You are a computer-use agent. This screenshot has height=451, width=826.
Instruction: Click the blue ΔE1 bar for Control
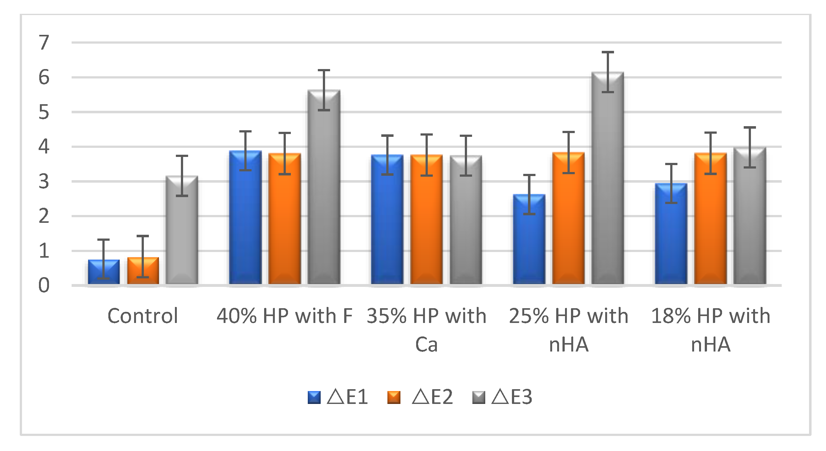click(x=104, y=272)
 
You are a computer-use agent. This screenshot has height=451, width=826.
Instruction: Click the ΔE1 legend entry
click(x=338, y=397)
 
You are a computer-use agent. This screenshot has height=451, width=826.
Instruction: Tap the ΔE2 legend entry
click(x=420, y=397)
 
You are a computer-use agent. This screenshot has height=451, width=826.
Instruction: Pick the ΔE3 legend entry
click(x=502, y=397)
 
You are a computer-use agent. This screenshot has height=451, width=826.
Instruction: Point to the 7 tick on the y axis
click(x=44, y=42)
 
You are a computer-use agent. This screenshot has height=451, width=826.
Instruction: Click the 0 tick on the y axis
click(x=44, y=285)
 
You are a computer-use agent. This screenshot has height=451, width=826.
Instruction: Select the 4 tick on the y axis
click(x=44, y=147)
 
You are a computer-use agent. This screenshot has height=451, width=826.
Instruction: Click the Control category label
click(x=143, y=316)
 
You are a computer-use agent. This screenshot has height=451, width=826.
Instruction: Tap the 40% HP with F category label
click(x=285, y=316)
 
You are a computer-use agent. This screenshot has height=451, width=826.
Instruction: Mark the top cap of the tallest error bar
click(x=607, y=52)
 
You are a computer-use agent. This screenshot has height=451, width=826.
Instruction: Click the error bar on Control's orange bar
click(x=143, y=256)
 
